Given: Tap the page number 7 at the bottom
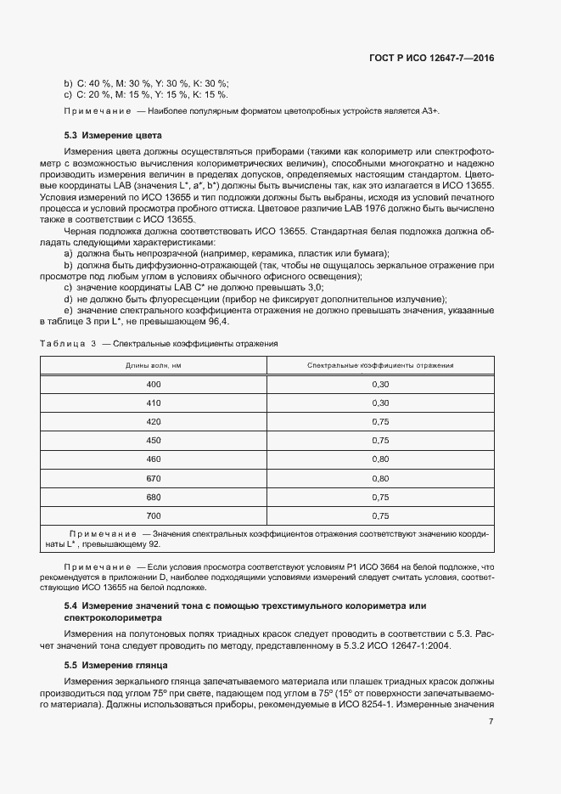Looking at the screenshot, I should [x=491, y=722].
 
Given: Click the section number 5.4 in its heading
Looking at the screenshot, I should [x=71, y=606].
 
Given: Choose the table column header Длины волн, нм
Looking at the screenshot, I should [x=154, y=365].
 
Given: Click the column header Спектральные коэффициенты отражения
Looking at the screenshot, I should [x=379, y=365].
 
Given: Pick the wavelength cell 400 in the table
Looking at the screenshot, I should [x=154, y=384].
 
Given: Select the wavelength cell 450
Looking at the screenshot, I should [x=154, y=440].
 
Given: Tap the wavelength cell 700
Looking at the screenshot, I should [x=154, y=515].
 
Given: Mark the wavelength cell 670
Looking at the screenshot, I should [x=154, y=477].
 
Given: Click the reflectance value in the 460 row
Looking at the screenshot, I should [x=379, y=459].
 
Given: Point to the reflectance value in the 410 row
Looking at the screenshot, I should [x=379, y=403].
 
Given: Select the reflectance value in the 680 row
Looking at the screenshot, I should [x=379, y=496].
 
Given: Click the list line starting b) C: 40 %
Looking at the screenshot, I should [x=147, y=82].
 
